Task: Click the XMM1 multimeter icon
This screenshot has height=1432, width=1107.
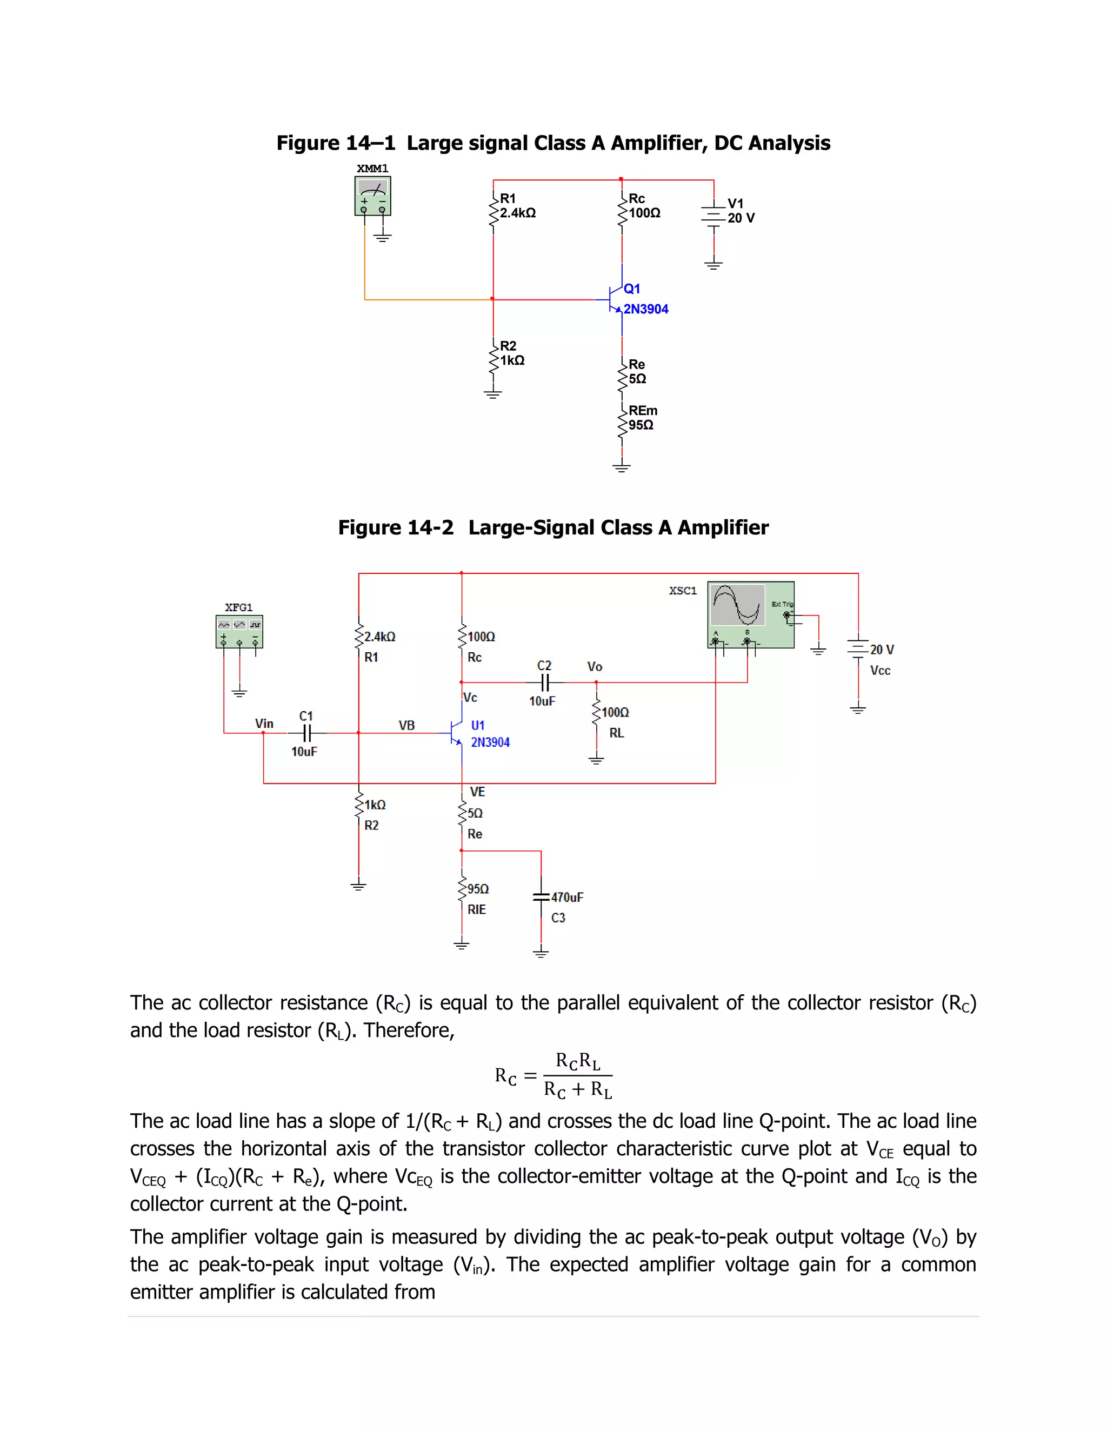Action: point(372,196)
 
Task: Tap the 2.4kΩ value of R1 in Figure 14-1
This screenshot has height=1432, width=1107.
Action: point(517,213)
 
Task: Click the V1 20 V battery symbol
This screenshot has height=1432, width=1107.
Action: point(713,216)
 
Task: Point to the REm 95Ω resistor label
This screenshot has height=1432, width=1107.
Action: point(642,418)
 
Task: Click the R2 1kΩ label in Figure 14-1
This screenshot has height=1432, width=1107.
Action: point(511,353)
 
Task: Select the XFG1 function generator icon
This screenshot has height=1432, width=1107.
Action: point(239,631)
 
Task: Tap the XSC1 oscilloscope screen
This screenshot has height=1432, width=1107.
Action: point(738,605)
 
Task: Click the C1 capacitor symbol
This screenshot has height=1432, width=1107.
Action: point(306,732)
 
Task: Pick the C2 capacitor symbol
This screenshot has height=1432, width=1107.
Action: point(544,682)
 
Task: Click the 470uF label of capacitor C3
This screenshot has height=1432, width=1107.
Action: point(566,897)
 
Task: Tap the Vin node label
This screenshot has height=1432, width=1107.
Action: point(264,723)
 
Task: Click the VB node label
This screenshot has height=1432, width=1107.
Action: point(406,725)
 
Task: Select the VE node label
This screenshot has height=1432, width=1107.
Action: point(477,792)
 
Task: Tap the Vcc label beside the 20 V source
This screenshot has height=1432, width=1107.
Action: point(880,670)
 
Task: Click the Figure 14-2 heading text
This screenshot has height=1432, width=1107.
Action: point(553,527)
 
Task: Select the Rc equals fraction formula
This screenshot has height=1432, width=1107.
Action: point(553,1075)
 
